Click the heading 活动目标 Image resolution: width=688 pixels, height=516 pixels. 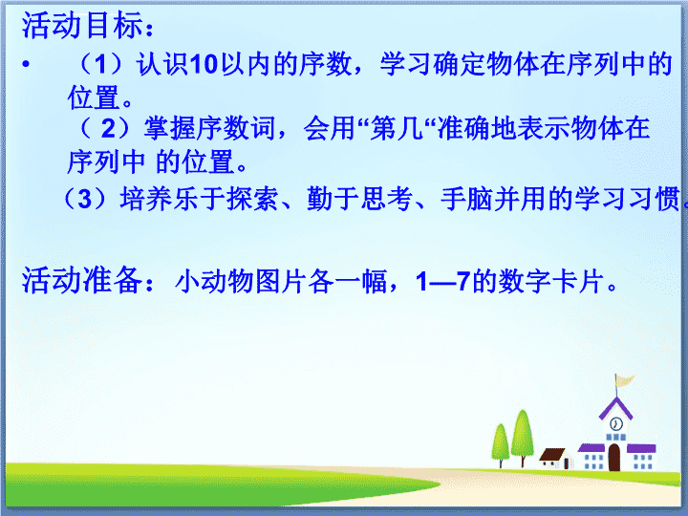81,25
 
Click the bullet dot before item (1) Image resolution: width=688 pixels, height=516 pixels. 27,65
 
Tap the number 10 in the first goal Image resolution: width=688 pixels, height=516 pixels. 204,64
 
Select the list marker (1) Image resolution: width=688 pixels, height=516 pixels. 100,64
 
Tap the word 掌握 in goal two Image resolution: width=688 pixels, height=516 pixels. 170,129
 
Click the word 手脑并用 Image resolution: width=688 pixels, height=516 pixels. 494,199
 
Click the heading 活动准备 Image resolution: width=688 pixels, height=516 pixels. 81,280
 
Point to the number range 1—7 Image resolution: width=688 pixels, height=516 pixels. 442,281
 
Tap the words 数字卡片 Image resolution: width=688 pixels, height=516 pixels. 551,281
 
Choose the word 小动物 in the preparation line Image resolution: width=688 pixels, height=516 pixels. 215,281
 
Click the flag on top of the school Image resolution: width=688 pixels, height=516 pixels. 624,380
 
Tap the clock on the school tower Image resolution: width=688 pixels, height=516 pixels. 616,424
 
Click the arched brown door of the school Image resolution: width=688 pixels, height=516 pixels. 614,457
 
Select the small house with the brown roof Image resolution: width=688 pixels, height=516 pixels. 556,458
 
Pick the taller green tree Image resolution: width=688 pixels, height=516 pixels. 522,437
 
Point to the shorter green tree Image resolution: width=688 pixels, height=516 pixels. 500,444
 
